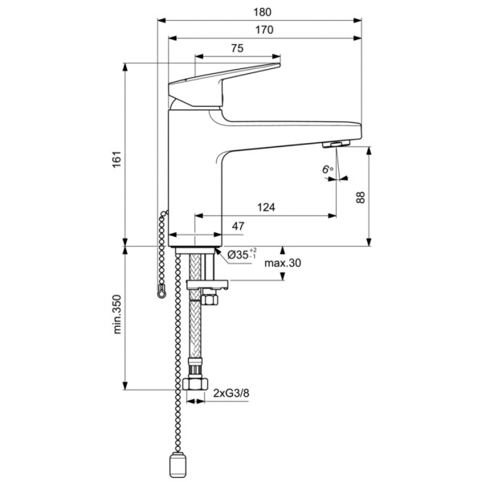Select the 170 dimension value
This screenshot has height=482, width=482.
pos(264,30)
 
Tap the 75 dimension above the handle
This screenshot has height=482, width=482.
pos(237,49)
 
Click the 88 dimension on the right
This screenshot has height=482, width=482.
pos(383,197)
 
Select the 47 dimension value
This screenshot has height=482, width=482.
pos(238,227)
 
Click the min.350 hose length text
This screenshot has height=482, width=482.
pos(116,315)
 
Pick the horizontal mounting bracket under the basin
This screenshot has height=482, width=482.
pos(207,284)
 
